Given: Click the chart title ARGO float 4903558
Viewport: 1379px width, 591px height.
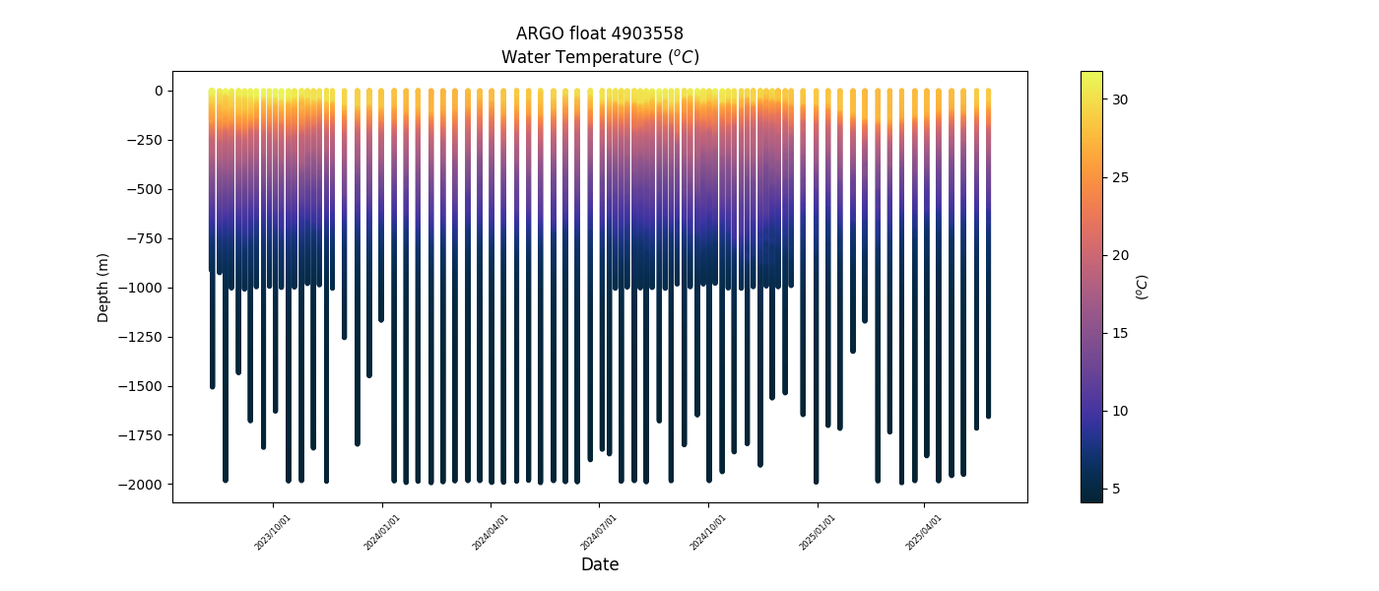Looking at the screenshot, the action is click(x=600, y=33).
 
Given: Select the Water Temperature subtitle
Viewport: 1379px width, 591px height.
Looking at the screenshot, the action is click(x=600, y=57).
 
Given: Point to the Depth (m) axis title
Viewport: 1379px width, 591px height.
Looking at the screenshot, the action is click(x=102, y=288).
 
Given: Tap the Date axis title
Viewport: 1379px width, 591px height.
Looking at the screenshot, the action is click(x=600, y=563).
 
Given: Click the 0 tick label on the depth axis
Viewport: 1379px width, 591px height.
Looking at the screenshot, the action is click(x=159, y=91).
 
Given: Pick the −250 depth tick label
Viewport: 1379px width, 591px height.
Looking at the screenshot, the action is click(x=146, y=140).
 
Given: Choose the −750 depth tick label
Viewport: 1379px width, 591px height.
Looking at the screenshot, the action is click(x=146, y=238).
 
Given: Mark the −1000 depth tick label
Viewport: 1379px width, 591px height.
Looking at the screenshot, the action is click(x=141, y=288).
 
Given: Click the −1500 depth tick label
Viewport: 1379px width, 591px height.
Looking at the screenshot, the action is click(x=141, y=386).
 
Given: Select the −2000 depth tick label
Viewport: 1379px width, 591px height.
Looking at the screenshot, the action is click(x=141, y=485).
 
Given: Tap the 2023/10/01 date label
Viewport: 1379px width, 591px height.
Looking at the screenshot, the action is click(x=272, y=533).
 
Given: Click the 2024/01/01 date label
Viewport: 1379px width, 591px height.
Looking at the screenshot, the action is click(x=382, y=533).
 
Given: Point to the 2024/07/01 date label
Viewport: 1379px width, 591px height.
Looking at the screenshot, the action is click(x=599, y=533).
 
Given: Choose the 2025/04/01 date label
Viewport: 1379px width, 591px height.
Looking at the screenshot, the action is click(x=924, y=533).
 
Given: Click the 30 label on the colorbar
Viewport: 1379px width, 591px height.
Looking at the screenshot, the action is click(x=1120, y=99).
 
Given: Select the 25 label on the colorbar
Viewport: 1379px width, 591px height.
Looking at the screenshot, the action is click(x=1120, y=178).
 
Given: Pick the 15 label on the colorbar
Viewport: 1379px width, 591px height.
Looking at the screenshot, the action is click(x=1120, y=334).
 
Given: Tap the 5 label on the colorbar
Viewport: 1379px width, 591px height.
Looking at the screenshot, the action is click(x=1116, y=490).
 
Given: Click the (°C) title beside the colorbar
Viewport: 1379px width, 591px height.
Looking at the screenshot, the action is click(x=1142, y=288).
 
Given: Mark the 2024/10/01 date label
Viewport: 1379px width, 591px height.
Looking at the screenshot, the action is click(x=707, y=533).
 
